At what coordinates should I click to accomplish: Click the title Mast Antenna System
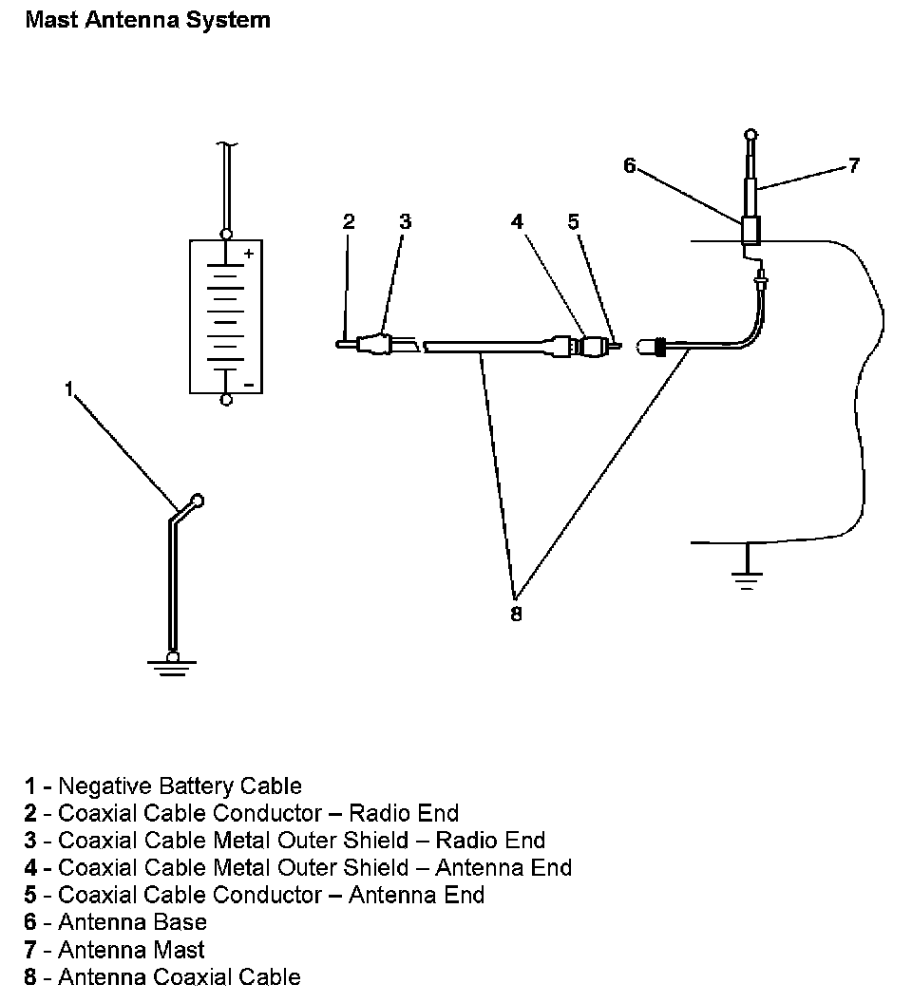coord(147,20)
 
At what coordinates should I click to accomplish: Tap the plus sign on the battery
coord(249,255)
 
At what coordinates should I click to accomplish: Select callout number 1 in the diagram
coord(68,389)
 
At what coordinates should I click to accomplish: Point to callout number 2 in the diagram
coord(349,221)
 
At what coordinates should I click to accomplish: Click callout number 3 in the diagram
coord(405,221)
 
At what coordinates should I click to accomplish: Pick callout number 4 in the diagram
coord(517,221)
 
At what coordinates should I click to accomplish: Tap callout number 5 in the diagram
coord(573,221)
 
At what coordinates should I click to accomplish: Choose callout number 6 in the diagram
coord(629,165)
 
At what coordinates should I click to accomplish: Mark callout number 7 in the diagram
coord(853,165)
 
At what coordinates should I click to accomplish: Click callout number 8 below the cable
coord(516,614)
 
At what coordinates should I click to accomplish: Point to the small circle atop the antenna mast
coord(750,134)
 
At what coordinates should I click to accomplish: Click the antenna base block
coord(750,231)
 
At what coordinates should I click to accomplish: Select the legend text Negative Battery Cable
coord(180,786)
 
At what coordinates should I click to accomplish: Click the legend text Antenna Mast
coord(131,950)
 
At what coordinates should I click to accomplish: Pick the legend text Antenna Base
coord(132,922)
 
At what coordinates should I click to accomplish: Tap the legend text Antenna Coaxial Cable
coord(179,976)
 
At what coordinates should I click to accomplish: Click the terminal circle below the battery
coord(225,400)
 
